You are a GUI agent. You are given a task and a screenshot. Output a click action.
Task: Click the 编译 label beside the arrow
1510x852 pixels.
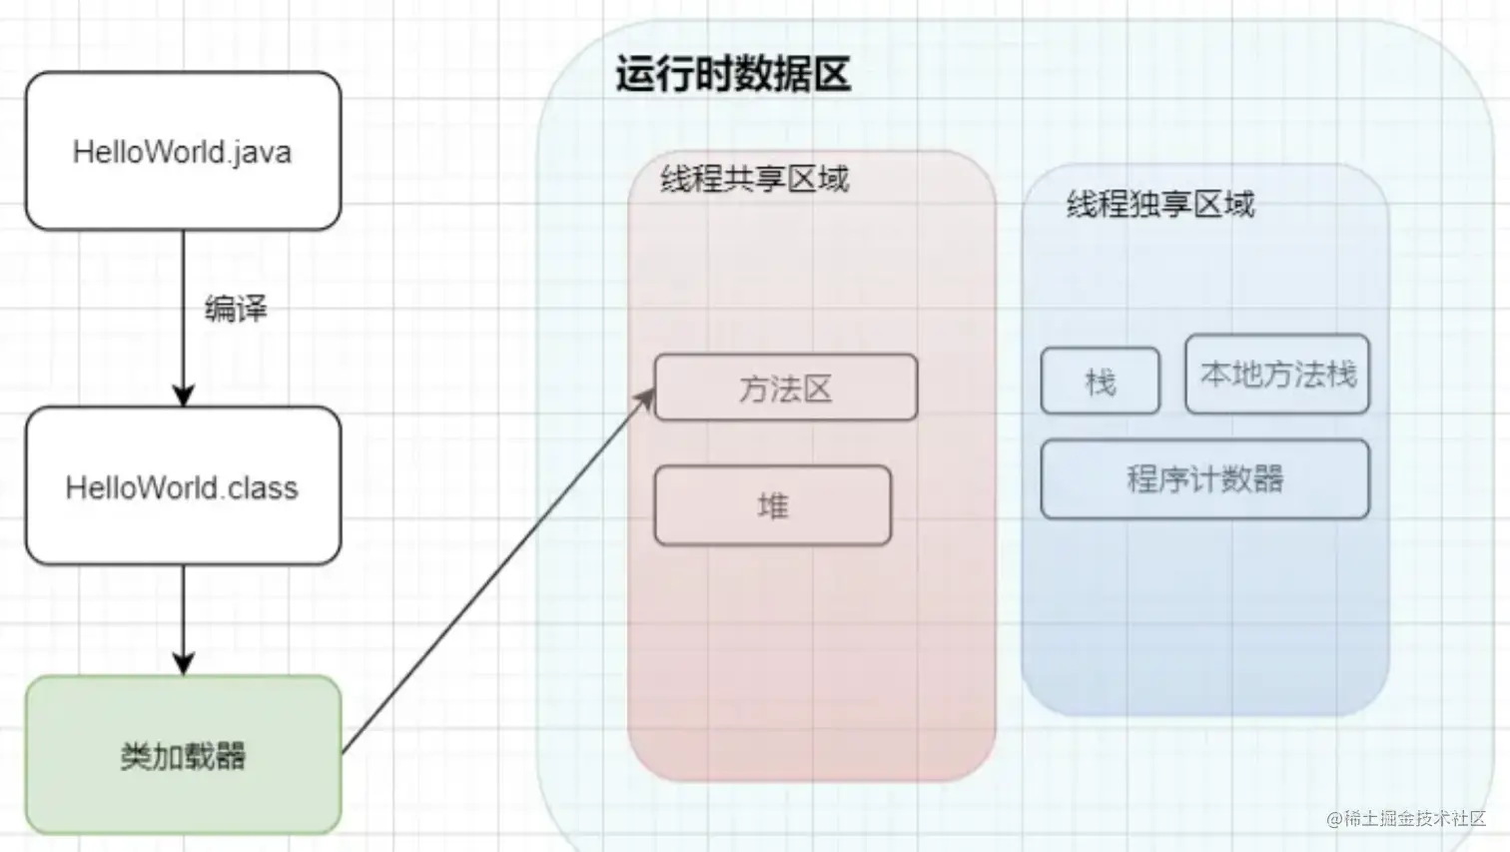[x=236, y=309]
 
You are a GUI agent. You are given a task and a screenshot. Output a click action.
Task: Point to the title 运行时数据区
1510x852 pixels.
[x=733, y=75]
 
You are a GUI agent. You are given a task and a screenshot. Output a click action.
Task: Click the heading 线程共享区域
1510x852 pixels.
[x=754, y=180]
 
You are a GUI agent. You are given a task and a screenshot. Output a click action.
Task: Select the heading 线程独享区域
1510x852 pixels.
[x=1159, y=205]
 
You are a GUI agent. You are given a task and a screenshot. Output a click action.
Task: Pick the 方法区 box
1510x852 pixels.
[x=785, y=388]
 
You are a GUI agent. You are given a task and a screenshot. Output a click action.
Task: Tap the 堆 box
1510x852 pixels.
[x=772, y=505]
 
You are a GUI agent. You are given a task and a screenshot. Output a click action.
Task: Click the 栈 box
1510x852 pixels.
[x=1100, y=381]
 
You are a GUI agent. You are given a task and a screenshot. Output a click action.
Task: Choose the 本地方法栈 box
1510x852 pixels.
[x=1277, y=375]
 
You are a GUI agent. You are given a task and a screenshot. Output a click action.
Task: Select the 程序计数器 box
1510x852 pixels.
[x=1204, y=478]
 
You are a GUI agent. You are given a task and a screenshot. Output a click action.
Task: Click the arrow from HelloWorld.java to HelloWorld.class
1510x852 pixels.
[x=183, y=300]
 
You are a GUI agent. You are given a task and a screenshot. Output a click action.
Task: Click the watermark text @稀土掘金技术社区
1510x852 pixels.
[x=1406, y=819]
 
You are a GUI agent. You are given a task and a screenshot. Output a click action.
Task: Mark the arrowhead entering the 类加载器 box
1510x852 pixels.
[x=183, y=664]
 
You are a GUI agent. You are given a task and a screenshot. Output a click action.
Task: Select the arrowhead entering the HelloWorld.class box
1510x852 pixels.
[x=183, y=396]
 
